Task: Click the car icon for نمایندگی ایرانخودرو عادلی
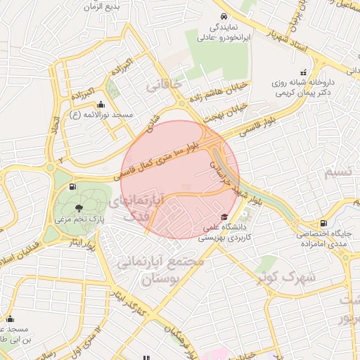(x=223, y=15)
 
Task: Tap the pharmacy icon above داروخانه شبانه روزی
(x=303, y=72)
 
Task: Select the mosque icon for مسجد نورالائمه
(x=110, y=103)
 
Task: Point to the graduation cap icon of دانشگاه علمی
(x=224, y=217)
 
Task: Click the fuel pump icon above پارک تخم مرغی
(x=72, y=187)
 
